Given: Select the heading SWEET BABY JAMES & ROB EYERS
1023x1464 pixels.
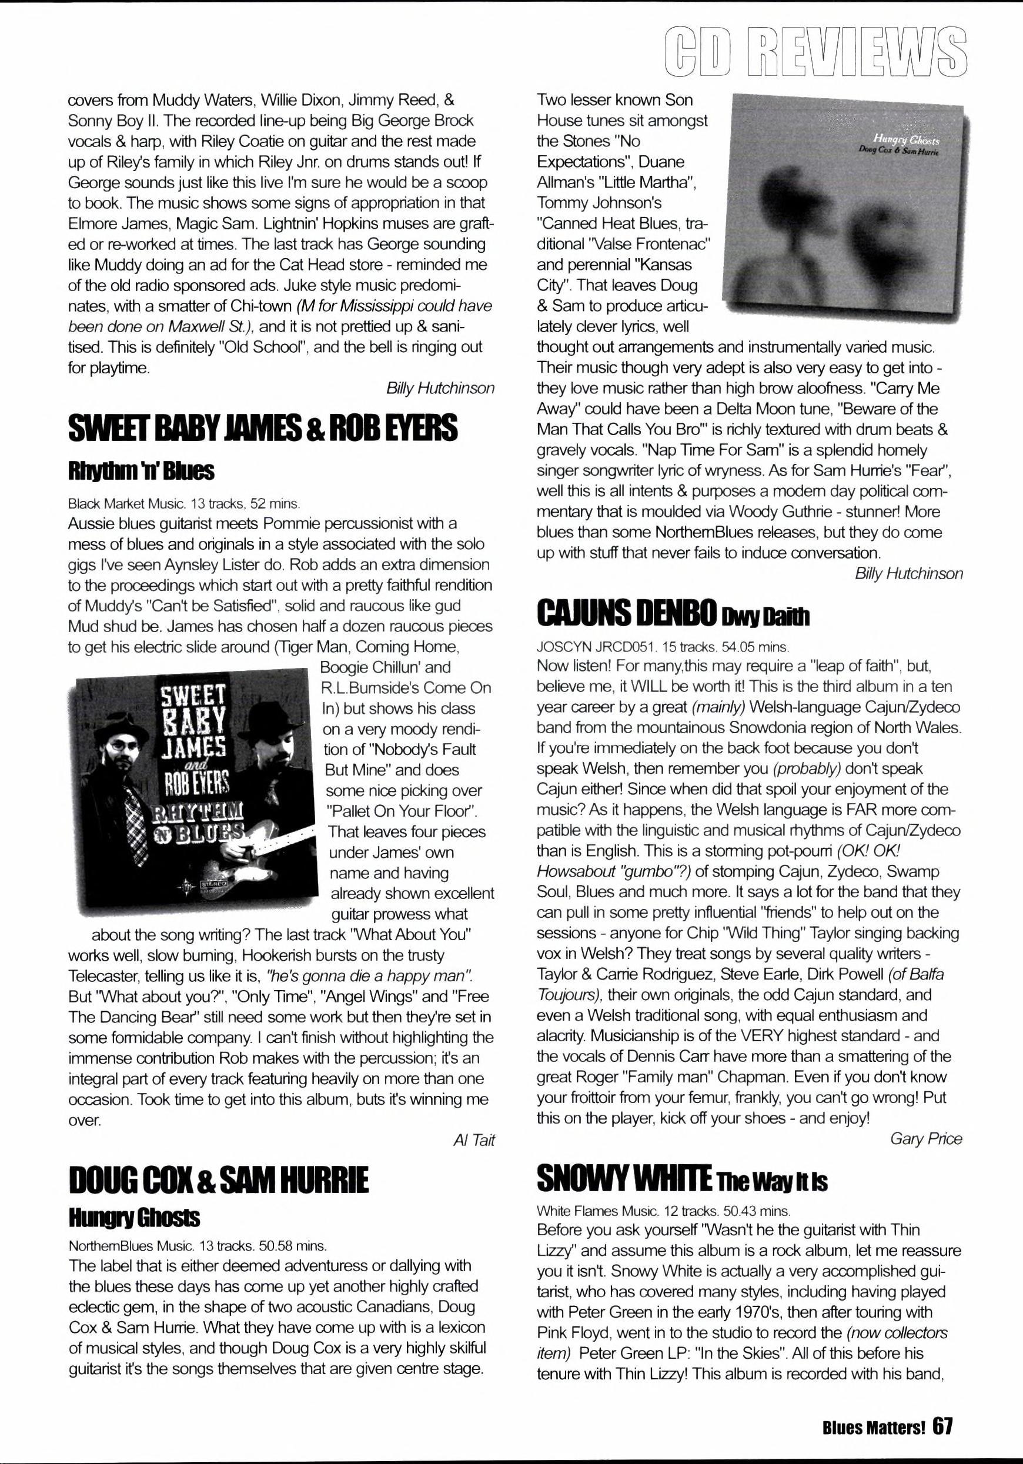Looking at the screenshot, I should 263,428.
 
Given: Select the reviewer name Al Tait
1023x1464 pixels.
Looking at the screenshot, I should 473,1141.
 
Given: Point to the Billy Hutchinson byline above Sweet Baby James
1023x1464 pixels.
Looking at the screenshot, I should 440,387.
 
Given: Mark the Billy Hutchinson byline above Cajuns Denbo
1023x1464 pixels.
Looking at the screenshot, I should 909,574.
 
